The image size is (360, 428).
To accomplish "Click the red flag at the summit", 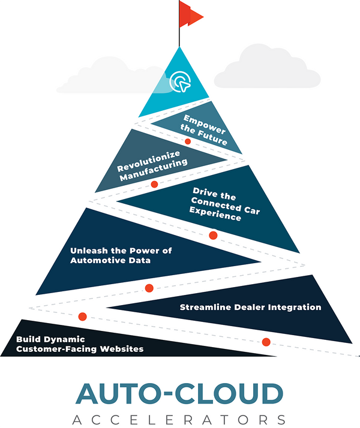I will tap(190, 14).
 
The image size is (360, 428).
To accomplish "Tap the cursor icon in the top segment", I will tap(178, 81).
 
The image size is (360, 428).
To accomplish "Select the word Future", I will tap(215, 141).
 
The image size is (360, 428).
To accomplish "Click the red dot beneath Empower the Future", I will tap(188, 142).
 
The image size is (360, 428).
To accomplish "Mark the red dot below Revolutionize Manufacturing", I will tap(154, 184).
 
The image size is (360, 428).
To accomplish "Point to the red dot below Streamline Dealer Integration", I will tap(266, 342).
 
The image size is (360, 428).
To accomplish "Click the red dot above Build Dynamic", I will tap(83, 316).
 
